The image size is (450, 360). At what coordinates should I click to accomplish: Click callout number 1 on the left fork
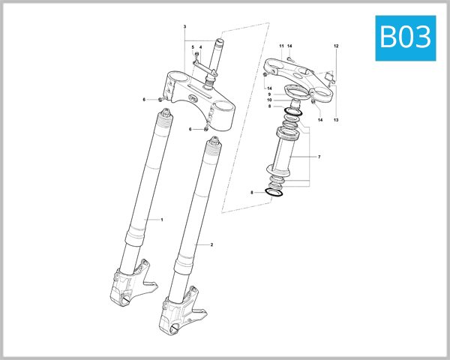(x=162, y=219)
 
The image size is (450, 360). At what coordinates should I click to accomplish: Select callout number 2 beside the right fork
(x=211, y=244)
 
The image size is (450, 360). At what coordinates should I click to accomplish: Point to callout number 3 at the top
(x=184, y=27)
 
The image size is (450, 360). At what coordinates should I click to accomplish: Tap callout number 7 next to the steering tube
(x=319, y=157)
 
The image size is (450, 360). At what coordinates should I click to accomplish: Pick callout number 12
(x=336, y=46)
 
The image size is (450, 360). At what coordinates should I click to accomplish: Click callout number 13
(x=336, y=120)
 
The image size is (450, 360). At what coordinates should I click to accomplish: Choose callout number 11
(x=282, y=46)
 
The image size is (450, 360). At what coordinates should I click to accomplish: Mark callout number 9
(x=269, y=93)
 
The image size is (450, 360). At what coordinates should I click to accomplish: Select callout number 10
(x=269, y=100)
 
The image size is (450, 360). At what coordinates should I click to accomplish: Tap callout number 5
(x=193, y=47)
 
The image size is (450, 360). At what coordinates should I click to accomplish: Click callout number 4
(x=200, y=47)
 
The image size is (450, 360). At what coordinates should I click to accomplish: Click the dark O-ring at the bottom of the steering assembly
(x=275, y=194)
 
